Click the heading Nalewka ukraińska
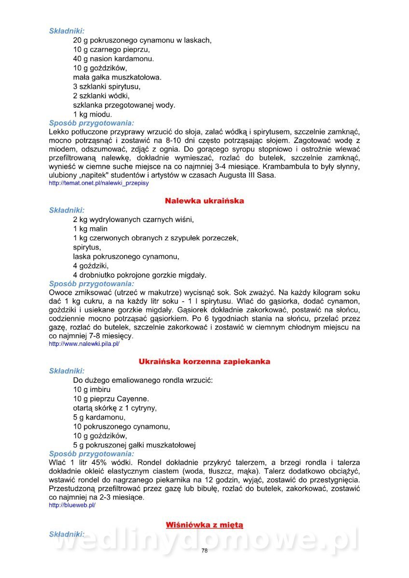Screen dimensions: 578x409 [204, 201]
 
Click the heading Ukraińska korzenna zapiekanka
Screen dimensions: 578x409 [204, 361]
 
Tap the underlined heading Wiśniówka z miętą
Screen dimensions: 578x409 [204, 525]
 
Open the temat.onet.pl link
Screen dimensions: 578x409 [99, 184]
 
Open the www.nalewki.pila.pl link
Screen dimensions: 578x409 [84, 344]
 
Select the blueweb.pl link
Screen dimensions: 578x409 [72, 505]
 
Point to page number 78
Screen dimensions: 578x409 [204, 551]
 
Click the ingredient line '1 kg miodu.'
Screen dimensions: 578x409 [93, 114]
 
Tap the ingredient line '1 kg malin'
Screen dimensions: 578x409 [90, 229]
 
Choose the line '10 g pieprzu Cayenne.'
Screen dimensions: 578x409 [111, 399]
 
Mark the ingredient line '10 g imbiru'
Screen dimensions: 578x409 [92, 389]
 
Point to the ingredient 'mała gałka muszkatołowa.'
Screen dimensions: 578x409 [117, 77]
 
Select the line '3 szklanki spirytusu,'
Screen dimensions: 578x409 [107, 87]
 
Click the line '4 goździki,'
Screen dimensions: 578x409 [91, 266]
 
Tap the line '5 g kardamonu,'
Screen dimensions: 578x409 [99, 417]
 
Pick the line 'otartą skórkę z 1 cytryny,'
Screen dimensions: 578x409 [115, 408]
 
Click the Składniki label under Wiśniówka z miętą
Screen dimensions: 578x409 [67, 534]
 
